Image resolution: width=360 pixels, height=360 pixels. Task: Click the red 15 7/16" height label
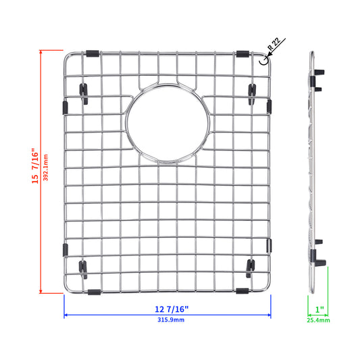click(x=35, y=165)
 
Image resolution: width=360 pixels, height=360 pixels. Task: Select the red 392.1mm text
click(x=46, y=168)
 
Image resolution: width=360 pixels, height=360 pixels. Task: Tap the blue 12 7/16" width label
click(x=172, y=309)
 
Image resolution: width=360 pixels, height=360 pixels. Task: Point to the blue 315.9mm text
click(x=171, y=320)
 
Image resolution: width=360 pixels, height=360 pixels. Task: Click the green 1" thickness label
click(x=319, y=309)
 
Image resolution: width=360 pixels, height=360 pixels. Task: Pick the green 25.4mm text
click(x=318, y=320)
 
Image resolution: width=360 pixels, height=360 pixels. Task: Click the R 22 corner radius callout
click(x=274, y=44)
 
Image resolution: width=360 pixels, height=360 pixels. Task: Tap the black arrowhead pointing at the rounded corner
click(x=269, y=54)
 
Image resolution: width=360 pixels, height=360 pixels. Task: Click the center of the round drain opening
click(x=168, y=123)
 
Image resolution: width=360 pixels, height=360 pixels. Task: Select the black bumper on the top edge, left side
click(x=93, y=54)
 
